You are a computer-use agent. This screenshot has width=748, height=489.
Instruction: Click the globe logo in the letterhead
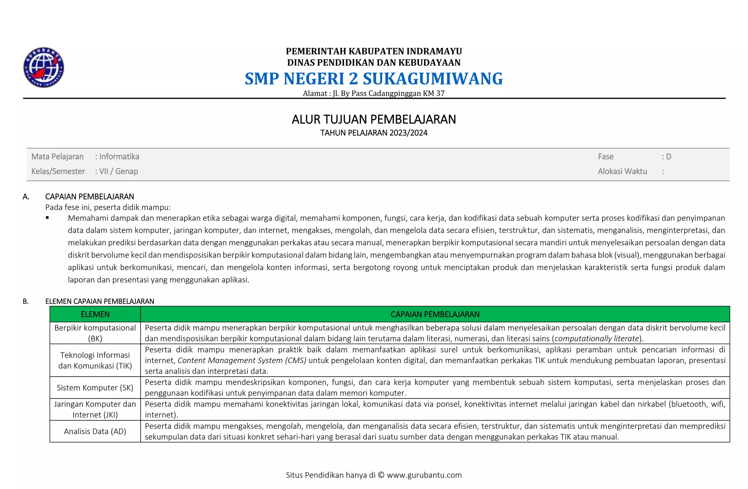click(44, 68)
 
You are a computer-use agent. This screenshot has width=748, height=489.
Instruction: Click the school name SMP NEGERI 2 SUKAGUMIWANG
click(374, 79)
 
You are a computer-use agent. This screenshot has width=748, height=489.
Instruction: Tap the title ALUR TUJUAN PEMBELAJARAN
click(374, 119)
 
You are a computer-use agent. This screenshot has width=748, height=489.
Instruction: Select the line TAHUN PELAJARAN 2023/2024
click(374, 133)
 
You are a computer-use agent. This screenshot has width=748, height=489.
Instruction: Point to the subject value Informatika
click(119, 157)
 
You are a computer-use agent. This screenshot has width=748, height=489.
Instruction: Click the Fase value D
click(668, 157)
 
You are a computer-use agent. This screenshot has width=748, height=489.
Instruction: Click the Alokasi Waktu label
click(622, 171)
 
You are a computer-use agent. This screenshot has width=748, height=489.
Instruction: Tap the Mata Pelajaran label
click(57, 157)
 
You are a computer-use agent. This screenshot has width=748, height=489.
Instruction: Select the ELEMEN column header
click(95, 314)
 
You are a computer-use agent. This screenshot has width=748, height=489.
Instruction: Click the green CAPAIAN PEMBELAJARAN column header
click(435, 314)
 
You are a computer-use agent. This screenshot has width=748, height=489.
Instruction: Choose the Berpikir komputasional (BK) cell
click(95, 333)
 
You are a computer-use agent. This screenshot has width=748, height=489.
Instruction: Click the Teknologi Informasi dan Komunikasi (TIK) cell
click(95, 360)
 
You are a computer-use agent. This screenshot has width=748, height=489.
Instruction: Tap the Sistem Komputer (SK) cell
click(95, 388)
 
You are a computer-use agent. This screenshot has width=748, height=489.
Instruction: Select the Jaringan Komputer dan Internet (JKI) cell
click(95, 409)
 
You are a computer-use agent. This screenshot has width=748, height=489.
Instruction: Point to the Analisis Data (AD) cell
click(95, 431)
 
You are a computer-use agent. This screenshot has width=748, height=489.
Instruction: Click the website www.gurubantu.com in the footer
click(424, 475)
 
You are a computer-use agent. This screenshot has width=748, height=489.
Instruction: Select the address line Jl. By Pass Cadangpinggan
click(374, 93)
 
